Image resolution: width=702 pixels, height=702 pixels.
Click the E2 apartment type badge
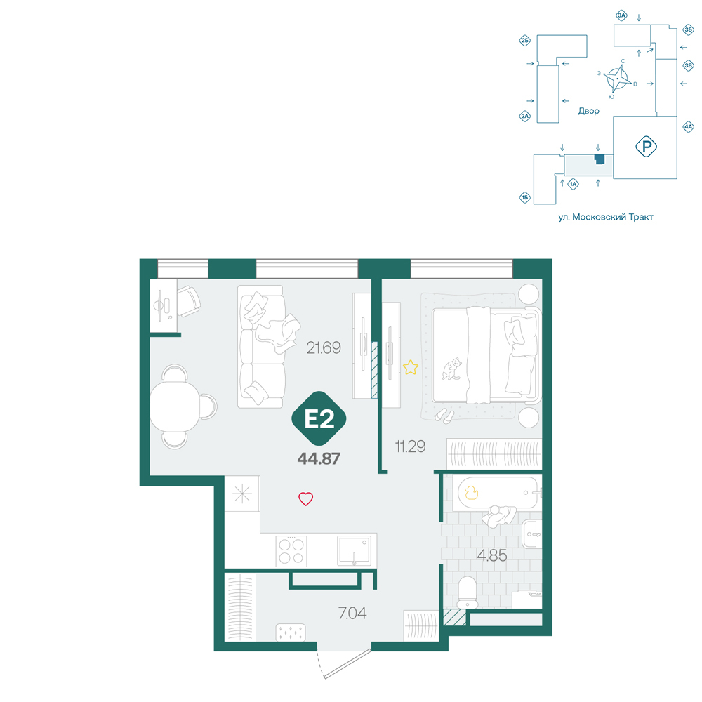pos(319,418)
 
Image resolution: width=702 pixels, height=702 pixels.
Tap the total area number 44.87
pos(319,458)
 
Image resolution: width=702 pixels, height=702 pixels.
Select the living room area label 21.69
pos(323,347)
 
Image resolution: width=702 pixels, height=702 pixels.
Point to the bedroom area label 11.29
pos(410,446)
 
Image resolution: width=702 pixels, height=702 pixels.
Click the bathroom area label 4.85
pos(491,555)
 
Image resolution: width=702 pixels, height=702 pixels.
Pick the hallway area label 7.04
pos(352,613)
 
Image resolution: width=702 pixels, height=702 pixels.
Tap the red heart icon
pos(306,498)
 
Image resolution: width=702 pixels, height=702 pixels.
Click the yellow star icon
pos(410,368)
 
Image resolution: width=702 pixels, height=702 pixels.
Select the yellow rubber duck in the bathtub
pos(471,493)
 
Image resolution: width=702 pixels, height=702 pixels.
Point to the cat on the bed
pos(452,369)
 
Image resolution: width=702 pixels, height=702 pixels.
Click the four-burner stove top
pos(291,551)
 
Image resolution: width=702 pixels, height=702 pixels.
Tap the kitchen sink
pos(354,550)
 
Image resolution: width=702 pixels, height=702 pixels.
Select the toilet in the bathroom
pos(468,592)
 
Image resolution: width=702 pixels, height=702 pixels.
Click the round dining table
pos(174,406)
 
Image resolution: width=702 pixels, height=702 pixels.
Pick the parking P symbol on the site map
pos(646,147)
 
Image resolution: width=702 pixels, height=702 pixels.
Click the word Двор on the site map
pos(588,111)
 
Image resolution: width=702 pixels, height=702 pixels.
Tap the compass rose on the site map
pos(616,79)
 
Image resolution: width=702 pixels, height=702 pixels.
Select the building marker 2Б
pos(524,41)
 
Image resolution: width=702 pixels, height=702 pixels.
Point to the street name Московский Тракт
pos(612,217)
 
